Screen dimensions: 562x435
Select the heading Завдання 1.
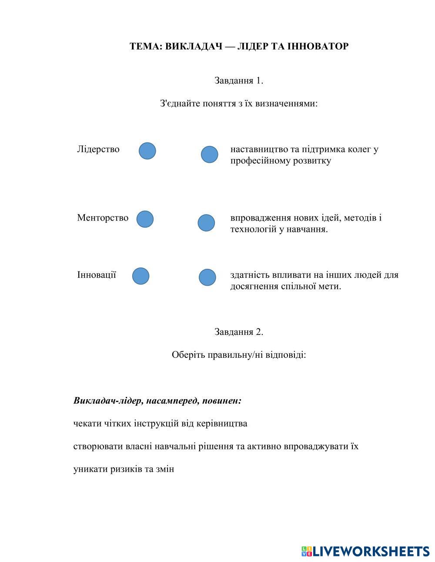pos(239,80)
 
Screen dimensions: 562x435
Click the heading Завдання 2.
pos(239,332)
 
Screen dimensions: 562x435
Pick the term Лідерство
pos(98,149)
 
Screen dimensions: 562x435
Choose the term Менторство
pos(103,218)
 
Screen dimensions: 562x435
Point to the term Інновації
pos(97,275)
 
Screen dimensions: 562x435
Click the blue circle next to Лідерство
pos(147,151)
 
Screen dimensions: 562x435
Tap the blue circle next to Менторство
pos(145,219)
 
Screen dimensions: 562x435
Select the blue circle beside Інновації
pos(141,276)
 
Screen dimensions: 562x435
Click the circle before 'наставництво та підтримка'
pos(210,155)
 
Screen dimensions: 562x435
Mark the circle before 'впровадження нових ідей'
pos(206,223)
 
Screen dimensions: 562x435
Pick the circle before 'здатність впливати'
pos(207,278)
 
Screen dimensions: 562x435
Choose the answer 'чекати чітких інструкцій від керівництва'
pos(160,423)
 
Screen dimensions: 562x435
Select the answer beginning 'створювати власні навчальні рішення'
pos(216,446)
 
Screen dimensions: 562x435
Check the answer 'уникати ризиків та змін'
pos(124,469)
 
